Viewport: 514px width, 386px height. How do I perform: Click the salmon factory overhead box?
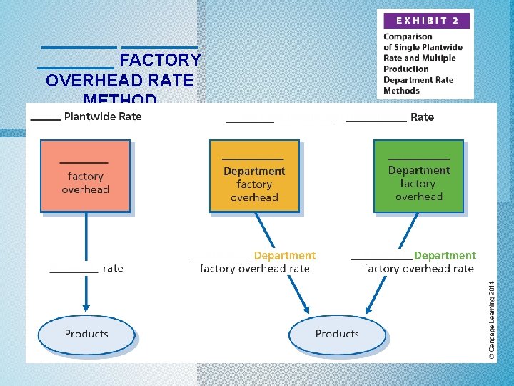[x=86, y=176]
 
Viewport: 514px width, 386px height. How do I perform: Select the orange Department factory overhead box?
[x=254, y=176]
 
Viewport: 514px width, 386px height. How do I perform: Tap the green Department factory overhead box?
[x=419, y=176]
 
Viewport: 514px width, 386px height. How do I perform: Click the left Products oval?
[x=86, y=334]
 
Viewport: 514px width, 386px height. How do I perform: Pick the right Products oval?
[x=337, y=334]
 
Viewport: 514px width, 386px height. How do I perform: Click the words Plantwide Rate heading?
[x=103, y=117]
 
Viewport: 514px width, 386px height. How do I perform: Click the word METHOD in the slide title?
[x=120, y=99]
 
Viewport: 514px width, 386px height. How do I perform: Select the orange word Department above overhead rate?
[x=285, y=255]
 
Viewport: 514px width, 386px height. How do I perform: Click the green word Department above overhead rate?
[x=445, y=255]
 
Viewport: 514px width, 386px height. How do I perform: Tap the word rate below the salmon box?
[x=113, y=269]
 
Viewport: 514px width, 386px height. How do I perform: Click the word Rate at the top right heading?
[x=423, y=117]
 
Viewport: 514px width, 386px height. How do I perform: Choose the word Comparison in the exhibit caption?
[x=408, y=36]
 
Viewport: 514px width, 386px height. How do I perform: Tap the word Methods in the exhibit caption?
[x=402, y=91]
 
